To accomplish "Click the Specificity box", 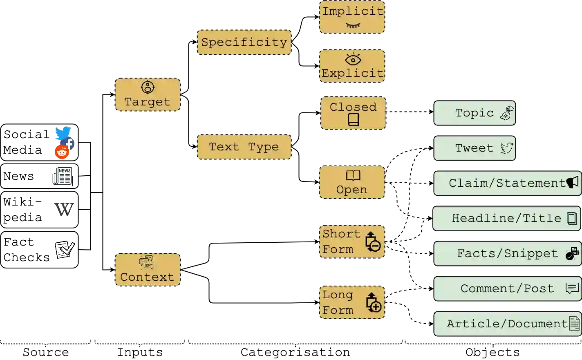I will click(x=244, y=42).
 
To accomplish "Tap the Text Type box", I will click(x=244, y=147).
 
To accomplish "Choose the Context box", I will click(x=148, y=269).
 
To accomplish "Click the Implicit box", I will click(x=352, y=17).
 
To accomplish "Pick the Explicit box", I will click(x=352, y=67).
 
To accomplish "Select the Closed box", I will click(x=354, y=113).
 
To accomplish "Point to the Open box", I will click(x=352, y=182).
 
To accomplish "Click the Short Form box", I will click(x=352, y=241).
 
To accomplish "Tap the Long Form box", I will click(x=352, y=302).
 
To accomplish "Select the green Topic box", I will click(x=475, y=113).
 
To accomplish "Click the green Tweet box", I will click(x=475, y=148).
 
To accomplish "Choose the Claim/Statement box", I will click(x=507, y=183).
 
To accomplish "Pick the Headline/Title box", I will click(x=506, y=218).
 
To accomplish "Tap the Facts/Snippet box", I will click(x=507, y=253).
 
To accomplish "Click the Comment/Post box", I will click(x=507, y=288).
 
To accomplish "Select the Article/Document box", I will click(x=507, y=324).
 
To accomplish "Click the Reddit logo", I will click(x=62, y=152).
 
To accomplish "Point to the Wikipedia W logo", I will click(x=64, y=210).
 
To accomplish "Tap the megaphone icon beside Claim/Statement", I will click(x=573, y=182).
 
